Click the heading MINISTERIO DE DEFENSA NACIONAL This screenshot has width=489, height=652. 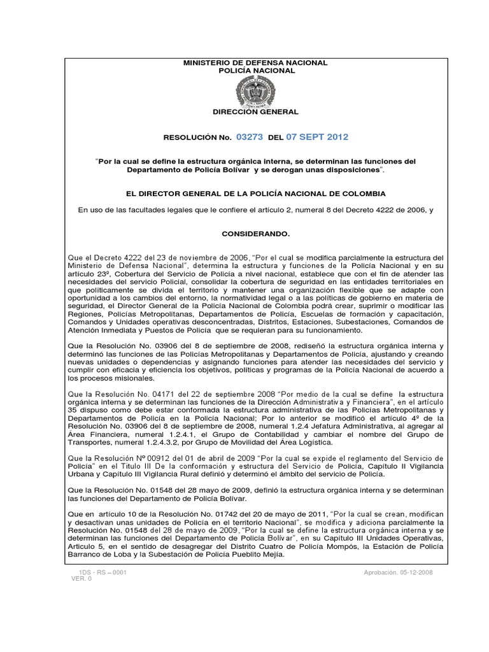[x=255, y=63]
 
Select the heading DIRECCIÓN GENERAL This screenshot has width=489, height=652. [x=255, y=112]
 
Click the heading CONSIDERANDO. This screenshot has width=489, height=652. [x=255, y=234]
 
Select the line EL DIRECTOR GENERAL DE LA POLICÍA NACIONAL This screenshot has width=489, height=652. [x=255, y=193]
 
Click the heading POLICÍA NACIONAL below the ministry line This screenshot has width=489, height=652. [x=255, y=71]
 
